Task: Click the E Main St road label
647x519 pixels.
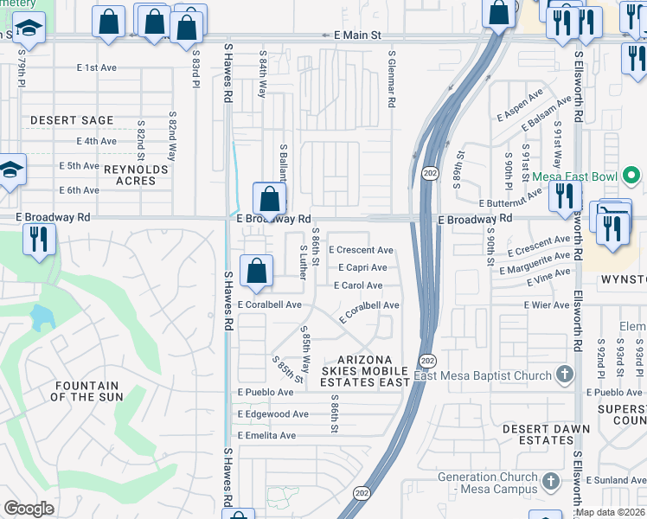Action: click(x=357, y=35)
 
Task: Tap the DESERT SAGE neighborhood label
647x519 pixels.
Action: click(x=72, y=120)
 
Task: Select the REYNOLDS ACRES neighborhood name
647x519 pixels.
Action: click(x=136, y=175)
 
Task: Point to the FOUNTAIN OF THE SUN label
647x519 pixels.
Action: click(x=85, y=391)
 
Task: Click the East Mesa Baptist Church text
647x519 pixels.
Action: click(x=482, y=375)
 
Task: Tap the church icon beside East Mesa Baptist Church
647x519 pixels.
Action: click(x=565, y=375)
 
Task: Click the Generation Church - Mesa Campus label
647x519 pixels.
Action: click(x=486, y=483)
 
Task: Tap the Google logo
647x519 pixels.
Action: click(x=29, y=508)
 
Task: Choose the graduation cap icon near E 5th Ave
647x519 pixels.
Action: click(x=10, y=170)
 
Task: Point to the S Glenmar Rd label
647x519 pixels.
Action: click(x=391, y=79)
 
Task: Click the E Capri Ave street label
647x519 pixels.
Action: click(x=362, y=267)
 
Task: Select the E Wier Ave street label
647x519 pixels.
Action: click(x=547, y=304)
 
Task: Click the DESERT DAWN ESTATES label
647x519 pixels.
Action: click(x=547, y=434)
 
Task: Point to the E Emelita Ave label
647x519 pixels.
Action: click(x=266, y=435)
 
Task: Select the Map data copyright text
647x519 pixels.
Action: click(x=611, y=512)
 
